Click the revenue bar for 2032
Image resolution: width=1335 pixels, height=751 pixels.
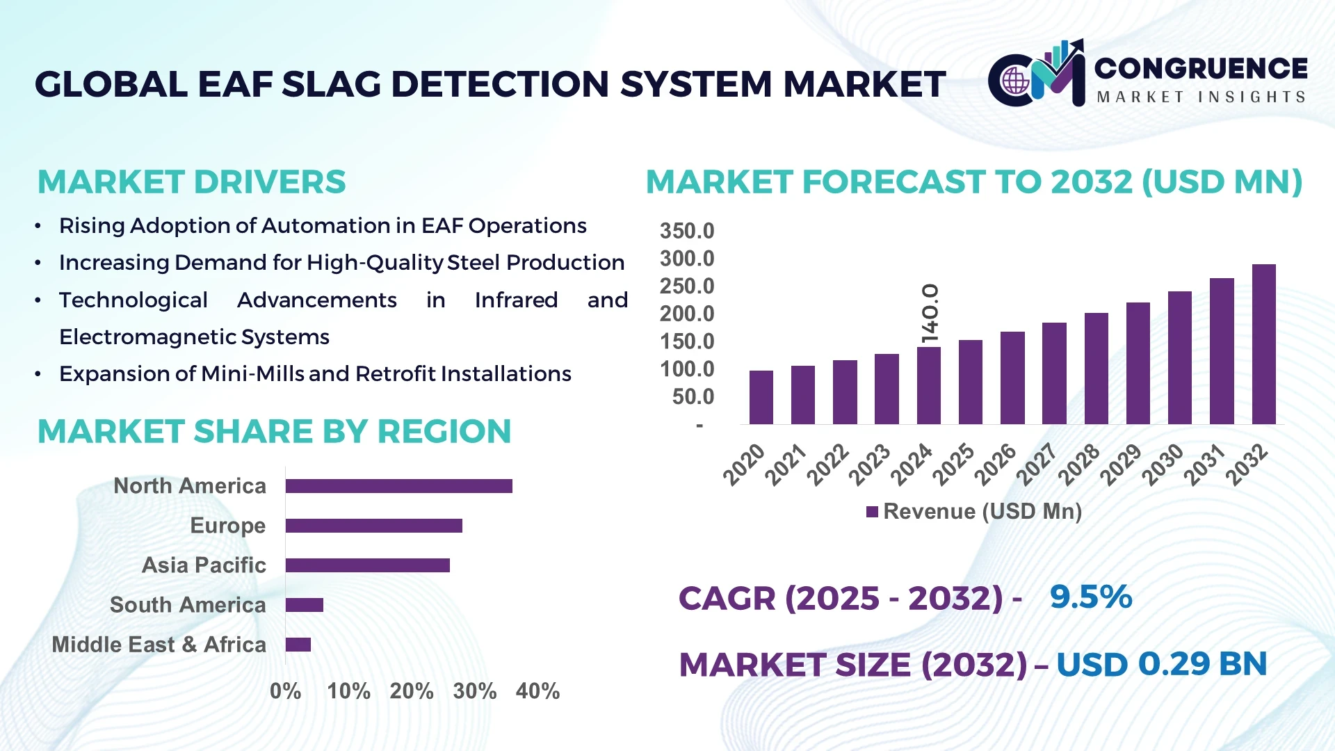(1263, 344)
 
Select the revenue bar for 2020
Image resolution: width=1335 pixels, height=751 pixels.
(761, 397)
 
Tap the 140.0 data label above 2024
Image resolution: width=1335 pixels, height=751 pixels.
(930, 313)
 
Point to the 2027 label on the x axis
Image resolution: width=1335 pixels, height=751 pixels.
(1036, 464)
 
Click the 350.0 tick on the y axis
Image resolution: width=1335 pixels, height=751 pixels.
(686, 231)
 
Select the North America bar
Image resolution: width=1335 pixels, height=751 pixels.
(398, 486)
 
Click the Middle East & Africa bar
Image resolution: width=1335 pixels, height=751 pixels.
(298, 645)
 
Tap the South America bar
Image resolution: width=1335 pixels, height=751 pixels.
(304, 605)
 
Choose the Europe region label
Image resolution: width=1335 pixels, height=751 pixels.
(227, 526)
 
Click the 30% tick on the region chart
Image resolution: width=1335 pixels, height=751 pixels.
(474, 691)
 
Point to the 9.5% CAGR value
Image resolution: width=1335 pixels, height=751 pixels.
(1090, 597)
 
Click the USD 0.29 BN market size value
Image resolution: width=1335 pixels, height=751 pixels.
(1161, 664)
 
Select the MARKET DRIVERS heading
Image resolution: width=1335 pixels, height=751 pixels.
(191, 182)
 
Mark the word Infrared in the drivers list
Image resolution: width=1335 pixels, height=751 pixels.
(516, 300)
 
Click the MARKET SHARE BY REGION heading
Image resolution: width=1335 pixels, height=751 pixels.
(274, 432)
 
